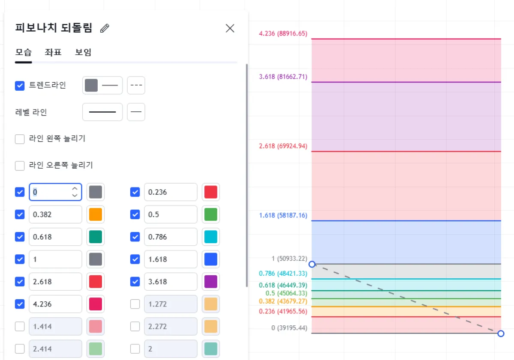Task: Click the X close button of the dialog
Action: click(x=230, y=28)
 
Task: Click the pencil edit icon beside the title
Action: click(x=105, y=28)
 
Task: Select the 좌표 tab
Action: click(x=53, y=52)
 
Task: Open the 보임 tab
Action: click(x=83, y=52)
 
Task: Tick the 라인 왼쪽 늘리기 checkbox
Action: click(x=20, y=139)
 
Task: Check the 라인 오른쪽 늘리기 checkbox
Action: click(x=20, y=166)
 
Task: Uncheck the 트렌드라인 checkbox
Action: click(x=20, y=86)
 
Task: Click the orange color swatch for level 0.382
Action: click(x=96, y=214)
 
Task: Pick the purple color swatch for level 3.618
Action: click(x=211, y=282)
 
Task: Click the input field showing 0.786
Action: click(x=170, y=237)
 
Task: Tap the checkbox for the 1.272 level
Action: click(x=135, y=304)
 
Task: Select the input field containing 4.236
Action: click(x=55, y=304)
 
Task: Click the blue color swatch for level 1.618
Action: click(x=211, y=259)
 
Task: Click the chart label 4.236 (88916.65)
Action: click(x=283, y=33)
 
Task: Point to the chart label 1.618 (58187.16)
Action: click(x=283, y=215)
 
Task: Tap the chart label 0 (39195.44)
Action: click(x=289, y=328)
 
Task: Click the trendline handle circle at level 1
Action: click(x=312, y=264)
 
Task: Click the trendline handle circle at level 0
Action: click(x=501, y=333)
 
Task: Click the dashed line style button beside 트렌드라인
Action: click(x=136, y=86)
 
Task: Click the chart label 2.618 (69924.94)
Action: click(x=283, y=146)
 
